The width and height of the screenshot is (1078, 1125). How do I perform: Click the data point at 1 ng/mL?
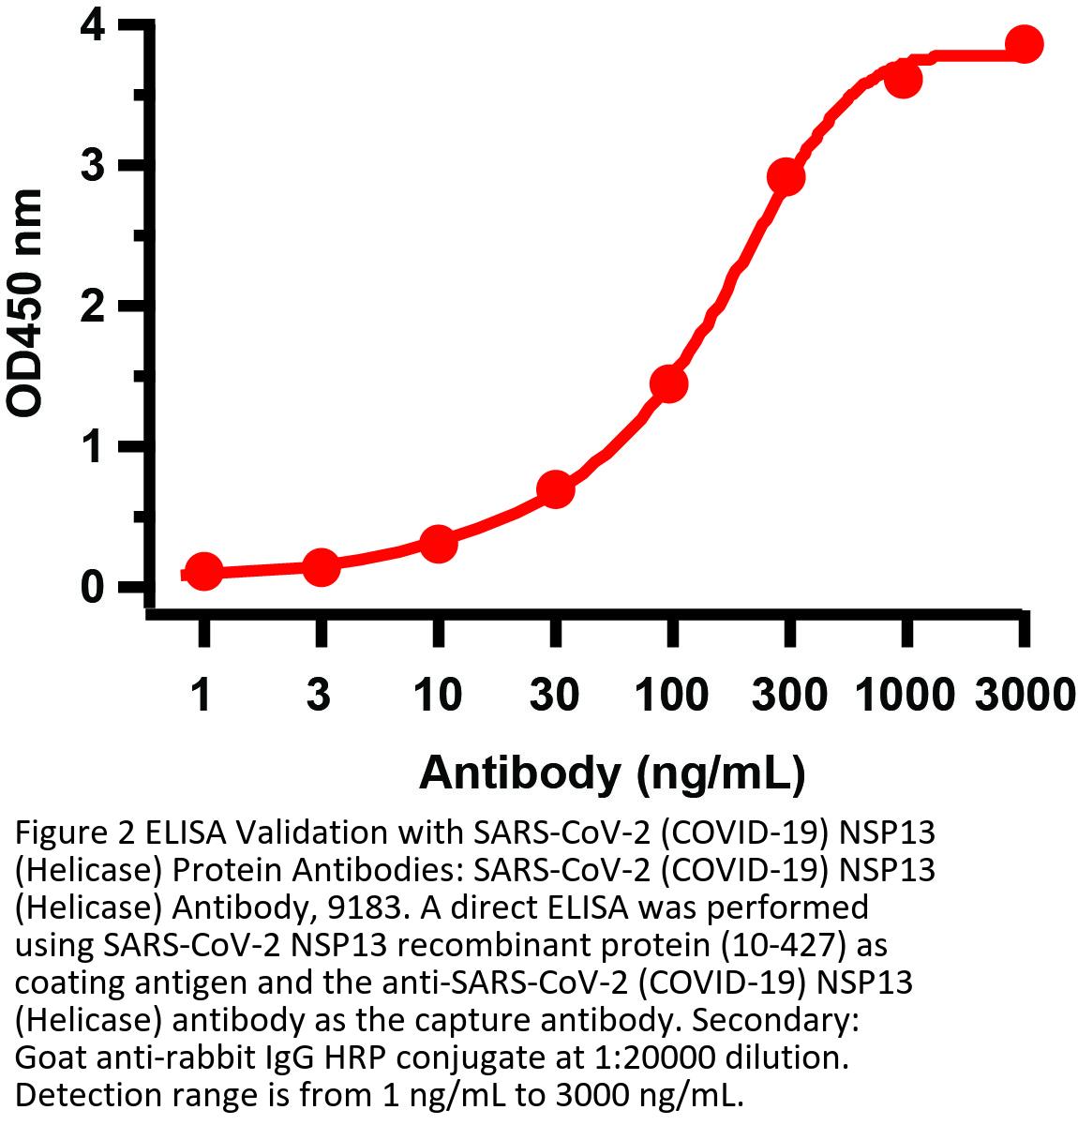204,571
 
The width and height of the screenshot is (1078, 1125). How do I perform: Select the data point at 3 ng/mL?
321,566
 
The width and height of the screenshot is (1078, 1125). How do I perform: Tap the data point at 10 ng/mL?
438,543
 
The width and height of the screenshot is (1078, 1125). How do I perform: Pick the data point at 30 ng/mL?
555,489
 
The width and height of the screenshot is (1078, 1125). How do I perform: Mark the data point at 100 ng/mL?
669,383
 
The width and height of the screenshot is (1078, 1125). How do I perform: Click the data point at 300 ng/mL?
786,176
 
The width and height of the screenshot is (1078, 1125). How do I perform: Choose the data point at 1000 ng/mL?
903,79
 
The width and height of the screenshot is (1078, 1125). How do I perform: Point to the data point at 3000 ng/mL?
1024,44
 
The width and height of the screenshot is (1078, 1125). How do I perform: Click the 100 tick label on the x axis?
671,696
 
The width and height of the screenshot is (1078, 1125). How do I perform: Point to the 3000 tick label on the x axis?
1024,696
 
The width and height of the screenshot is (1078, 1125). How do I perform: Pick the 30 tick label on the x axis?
555,696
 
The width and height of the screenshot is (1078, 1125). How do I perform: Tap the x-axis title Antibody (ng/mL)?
612,773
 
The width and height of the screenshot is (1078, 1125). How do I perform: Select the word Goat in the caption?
49,1058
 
